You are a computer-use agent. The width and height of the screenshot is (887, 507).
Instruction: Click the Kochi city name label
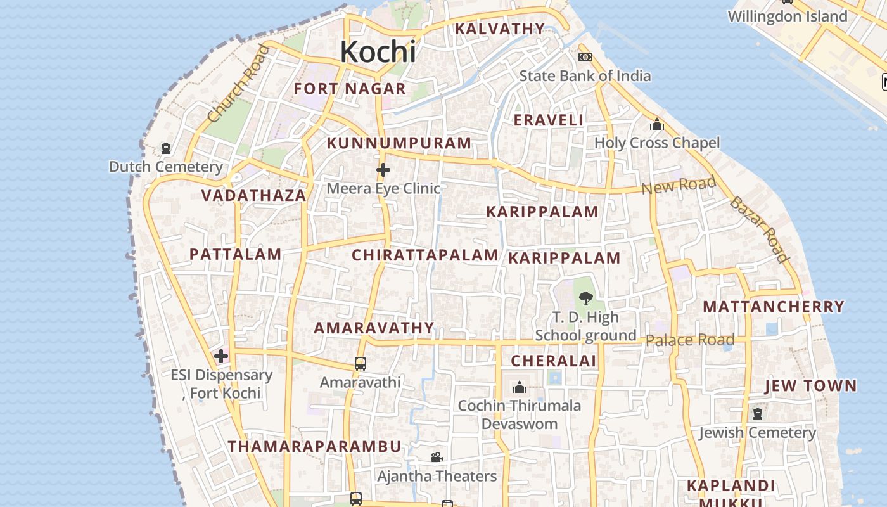tap(378, 52)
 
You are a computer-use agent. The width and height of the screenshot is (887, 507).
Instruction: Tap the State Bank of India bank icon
tap(585, 57)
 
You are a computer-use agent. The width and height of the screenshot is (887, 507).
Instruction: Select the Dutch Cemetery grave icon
tap(166, 148)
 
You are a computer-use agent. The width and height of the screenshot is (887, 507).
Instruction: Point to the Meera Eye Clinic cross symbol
tap(383, 170)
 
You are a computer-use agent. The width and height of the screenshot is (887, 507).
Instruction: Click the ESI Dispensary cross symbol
tap(220, 356)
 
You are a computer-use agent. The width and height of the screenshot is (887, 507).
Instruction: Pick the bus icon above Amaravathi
tap(361, 364)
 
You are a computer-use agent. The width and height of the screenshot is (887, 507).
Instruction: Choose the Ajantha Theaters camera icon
tap(437, 457)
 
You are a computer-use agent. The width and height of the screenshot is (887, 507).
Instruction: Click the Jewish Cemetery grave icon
tap(758, 414)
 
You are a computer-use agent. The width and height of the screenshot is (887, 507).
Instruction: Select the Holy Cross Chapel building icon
tap(657, 124)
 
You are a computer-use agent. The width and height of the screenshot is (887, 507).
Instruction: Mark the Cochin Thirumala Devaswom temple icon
tap(520, 387)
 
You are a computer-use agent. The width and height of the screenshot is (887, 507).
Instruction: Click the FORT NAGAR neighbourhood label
tap(350, 89)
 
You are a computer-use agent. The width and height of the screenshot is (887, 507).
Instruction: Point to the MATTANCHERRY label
tap(774, 307)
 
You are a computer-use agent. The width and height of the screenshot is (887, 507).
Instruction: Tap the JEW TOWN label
tap(810, 386)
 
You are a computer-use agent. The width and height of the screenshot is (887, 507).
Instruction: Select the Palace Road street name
tap(689, 340)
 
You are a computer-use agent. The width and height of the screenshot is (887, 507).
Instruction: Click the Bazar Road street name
tap(758, 229)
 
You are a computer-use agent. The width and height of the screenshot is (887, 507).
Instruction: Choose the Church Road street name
tap(238, 84)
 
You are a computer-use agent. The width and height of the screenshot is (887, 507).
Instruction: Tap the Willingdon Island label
tap(787, 16)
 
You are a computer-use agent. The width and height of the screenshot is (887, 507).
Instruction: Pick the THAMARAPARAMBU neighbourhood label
tap(315, 446)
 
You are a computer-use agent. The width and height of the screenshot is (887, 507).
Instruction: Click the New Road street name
tap(678, 186)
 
